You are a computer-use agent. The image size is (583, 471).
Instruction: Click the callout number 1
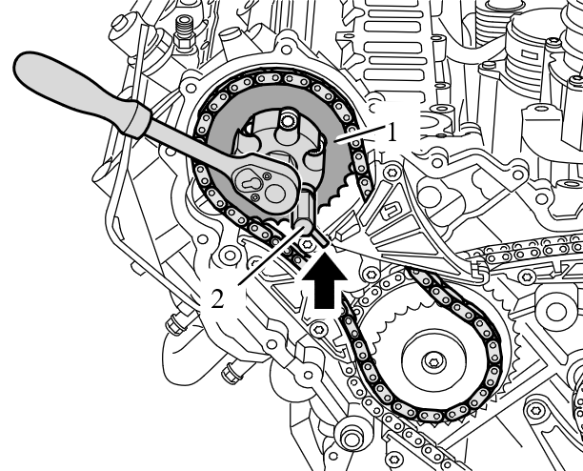pos(390,134)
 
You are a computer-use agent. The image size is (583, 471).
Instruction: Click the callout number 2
pos(218,297)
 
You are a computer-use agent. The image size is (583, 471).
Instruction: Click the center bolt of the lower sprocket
pos(434,361)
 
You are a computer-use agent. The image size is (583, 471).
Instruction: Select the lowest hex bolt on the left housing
pos(347,440)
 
